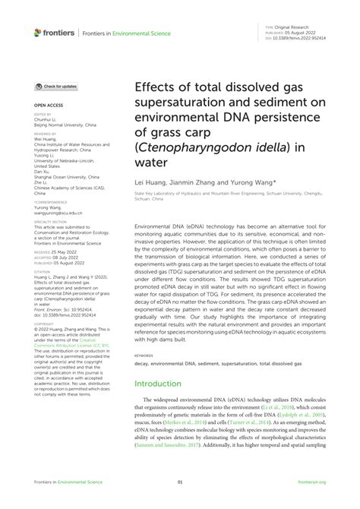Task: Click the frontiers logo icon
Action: (x=38, y=32)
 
